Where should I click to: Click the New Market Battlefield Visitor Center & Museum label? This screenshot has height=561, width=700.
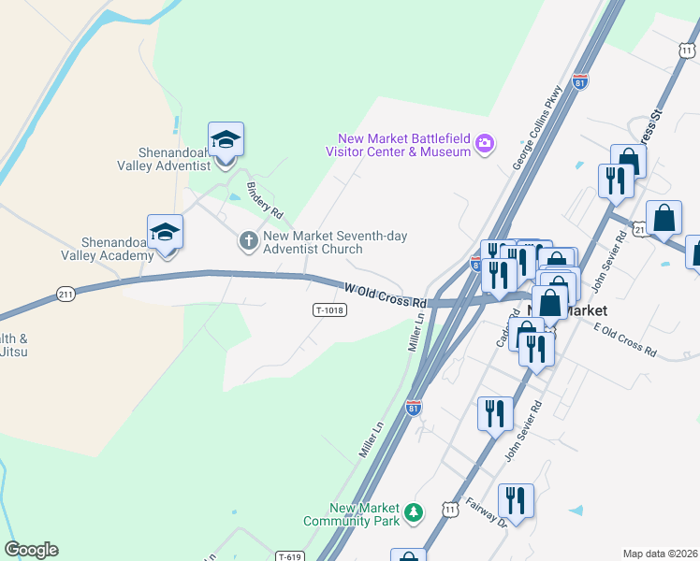point(398,145)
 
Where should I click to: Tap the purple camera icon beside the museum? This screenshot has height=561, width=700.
point(485,143)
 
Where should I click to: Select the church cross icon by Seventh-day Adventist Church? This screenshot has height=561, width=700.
point(249,242)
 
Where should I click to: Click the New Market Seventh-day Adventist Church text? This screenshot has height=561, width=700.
point(335,242)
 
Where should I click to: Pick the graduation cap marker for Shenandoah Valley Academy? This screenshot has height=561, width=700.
point(165,231)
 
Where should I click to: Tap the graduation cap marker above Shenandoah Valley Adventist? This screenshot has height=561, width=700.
point(226,139)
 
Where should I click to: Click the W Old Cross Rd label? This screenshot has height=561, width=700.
point(386,296)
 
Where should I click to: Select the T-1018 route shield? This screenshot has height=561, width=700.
point(329,310)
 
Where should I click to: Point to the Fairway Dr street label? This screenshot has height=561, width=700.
point(487,511)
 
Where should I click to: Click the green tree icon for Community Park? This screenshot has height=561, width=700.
point(413,513)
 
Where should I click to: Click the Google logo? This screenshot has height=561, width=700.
point(31,550)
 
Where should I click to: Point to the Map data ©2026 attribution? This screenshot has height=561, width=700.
point(660,553)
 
